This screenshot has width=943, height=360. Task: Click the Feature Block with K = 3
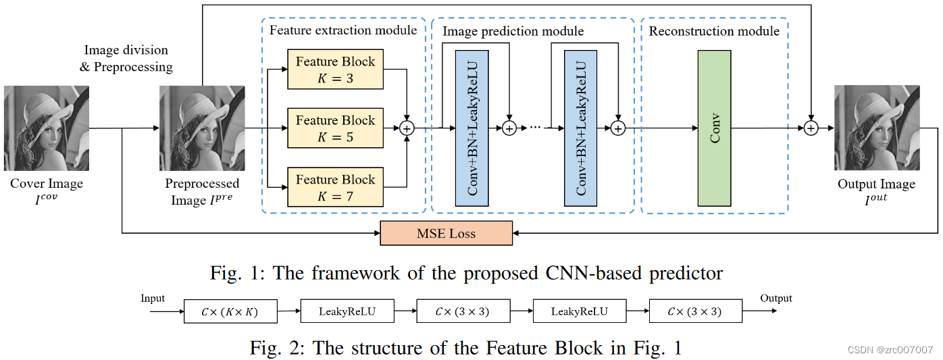[x=335, y=69]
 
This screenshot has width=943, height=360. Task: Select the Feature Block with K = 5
[x=335, y=128]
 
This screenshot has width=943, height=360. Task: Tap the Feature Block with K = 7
[x=335, y=187]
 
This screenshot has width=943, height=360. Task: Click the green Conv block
[x=714, y=128]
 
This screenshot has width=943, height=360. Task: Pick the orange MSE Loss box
[x=446, y=233]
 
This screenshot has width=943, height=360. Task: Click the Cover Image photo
[x=47, y=128]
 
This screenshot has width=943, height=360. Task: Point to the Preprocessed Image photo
[x=201, y=128]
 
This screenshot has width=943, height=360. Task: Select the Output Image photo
[x=876, y=128]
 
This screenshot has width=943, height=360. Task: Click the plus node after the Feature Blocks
[x=407, y=128]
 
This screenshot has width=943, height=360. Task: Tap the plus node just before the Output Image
[x=811, y=128]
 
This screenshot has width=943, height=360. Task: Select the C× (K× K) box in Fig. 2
[x=230, y=311]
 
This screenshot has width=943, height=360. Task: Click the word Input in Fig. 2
[x=153, y=298]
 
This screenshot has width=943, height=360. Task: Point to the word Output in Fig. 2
[x=776, y=298]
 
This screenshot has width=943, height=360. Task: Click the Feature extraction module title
[x=343, y=30]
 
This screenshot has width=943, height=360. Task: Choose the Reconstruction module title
[x=714, y=31]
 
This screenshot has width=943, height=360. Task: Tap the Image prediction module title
[x=513, y=31]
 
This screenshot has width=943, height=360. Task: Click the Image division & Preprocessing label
[x=126, y=58]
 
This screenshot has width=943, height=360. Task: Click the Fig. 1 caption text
[x=466, y=273]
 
